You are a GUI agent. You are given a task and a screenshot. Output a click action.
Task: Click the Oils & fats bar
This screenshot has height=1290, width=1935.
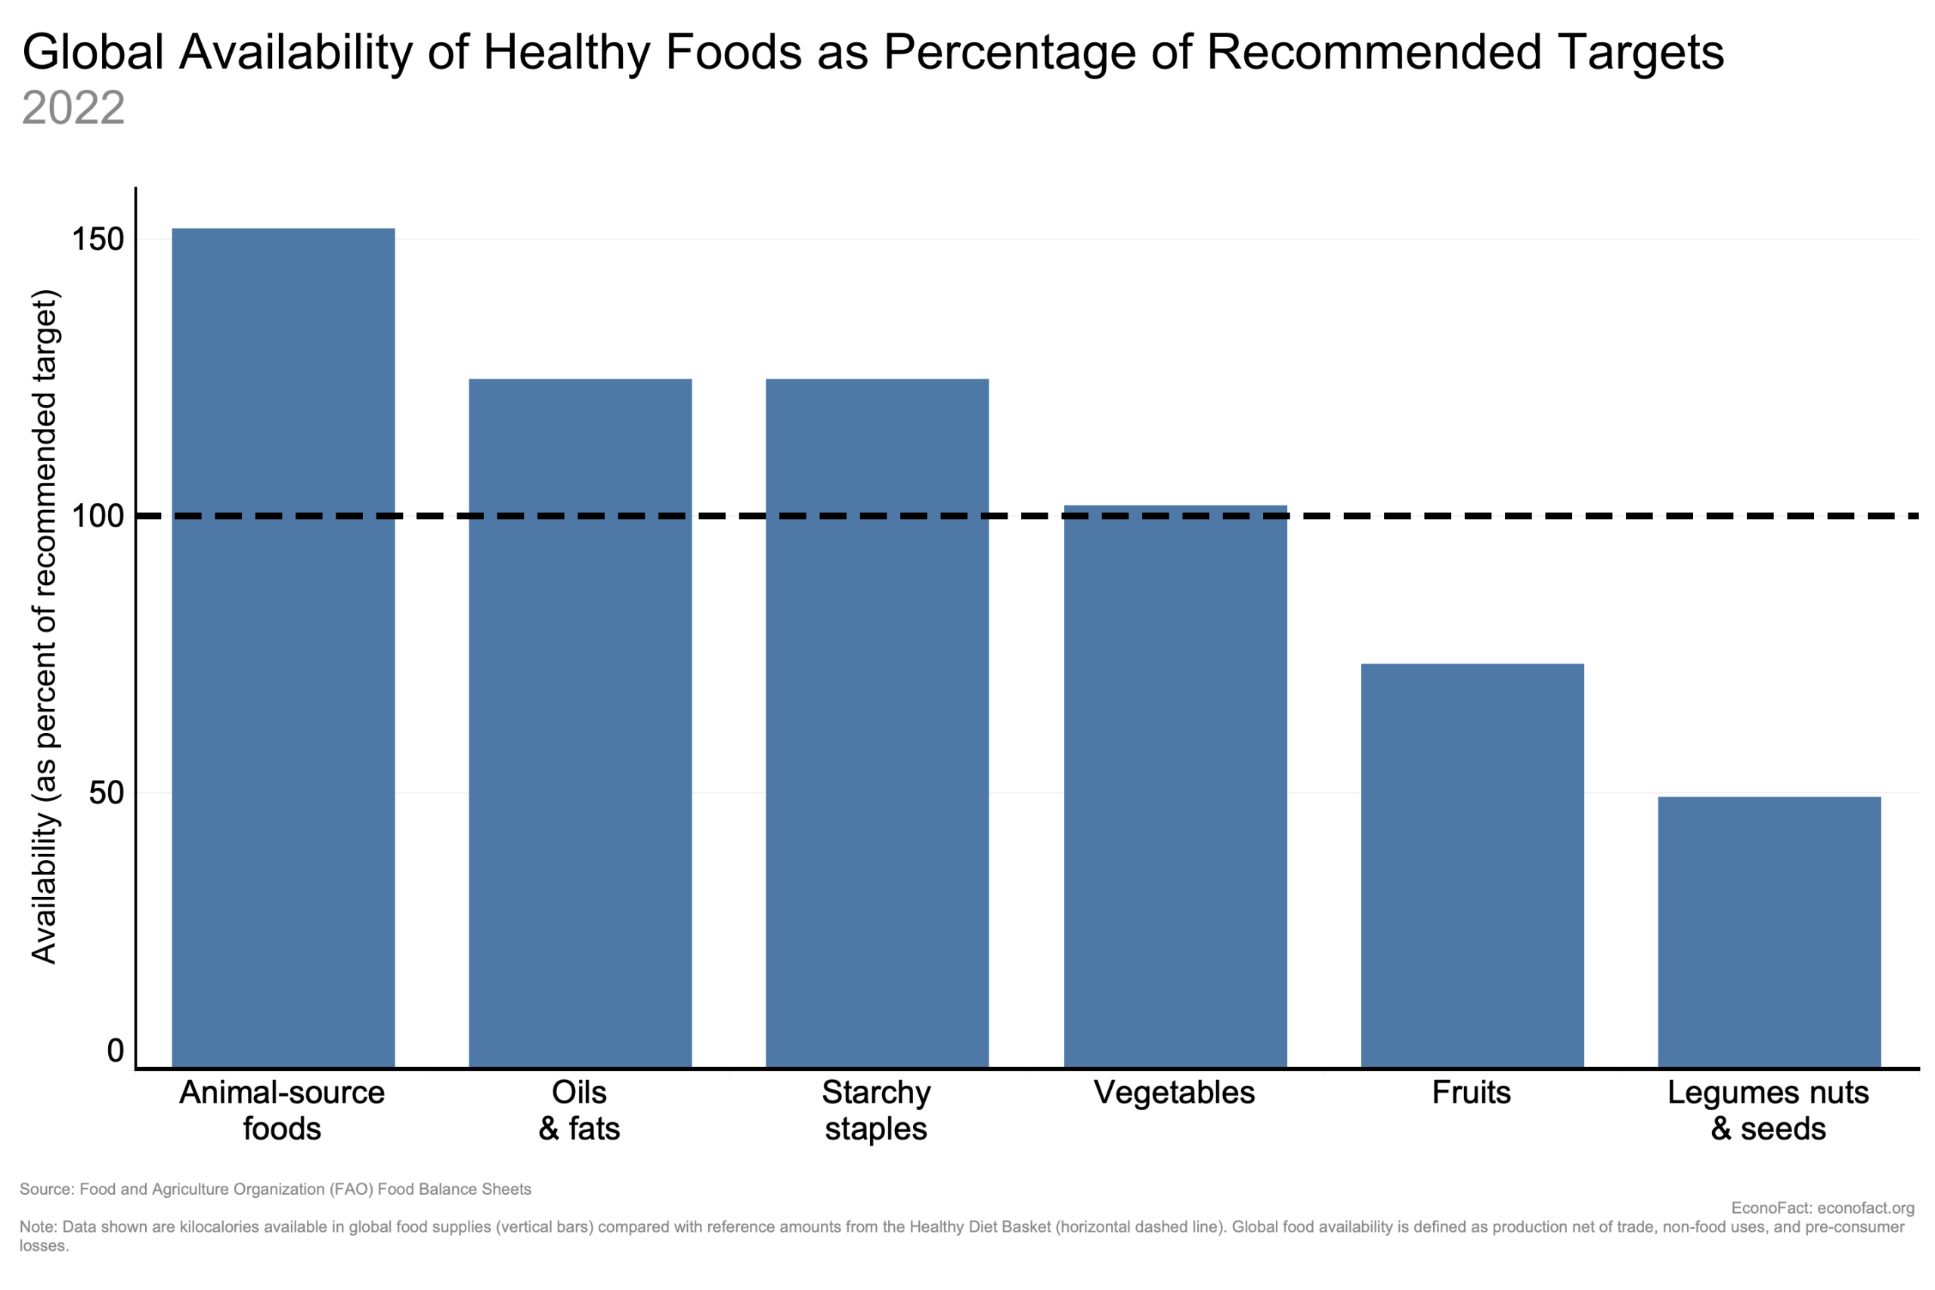(x=580, y=723)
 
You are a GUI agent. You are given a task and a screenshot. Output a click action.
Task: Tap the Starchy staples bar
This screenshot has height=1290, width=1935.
(x=877, y=723)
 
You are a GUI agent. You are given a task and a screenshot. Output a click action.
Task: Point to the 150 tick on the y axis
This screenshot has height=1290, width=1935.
(x=98, y=240)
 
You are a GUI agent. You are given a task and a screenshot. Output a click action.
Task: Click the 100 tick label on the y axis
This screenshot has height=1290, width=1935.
(x=98, y=517)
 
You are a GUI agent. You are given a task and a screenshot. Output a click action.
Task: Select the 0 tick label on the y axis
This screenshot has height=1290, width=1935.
(x=115, y=1051)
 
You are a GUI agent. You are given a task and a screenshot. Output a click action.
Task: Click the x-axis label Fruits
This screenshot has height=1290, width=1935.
(x=1471, y=1093)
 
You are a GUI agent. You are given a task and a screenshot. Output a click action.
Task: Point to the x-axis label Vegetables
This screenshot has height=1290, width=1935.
(x=1174, y=1093)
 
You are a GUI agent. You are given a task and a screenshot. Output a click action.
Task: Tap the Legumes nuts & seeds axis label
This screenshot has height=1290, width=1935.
(x=1768, y=1111)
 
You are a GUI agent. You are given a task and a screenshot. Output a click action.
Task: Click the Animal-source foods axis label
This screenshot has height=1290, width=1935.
(x=282, y=1111)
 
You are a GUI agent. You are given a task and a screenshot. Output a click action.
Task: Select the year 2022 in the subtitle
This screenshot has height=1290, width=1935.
(x=73, y=108)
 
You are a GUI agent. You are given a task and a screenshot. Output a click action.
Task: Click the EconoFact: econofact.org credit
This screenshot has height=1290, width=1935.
(x=1822, y=1208)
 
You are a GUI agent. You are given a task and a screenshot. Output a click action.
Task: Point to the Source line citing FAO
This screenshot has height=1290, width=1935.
(x=276, y=1189)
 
